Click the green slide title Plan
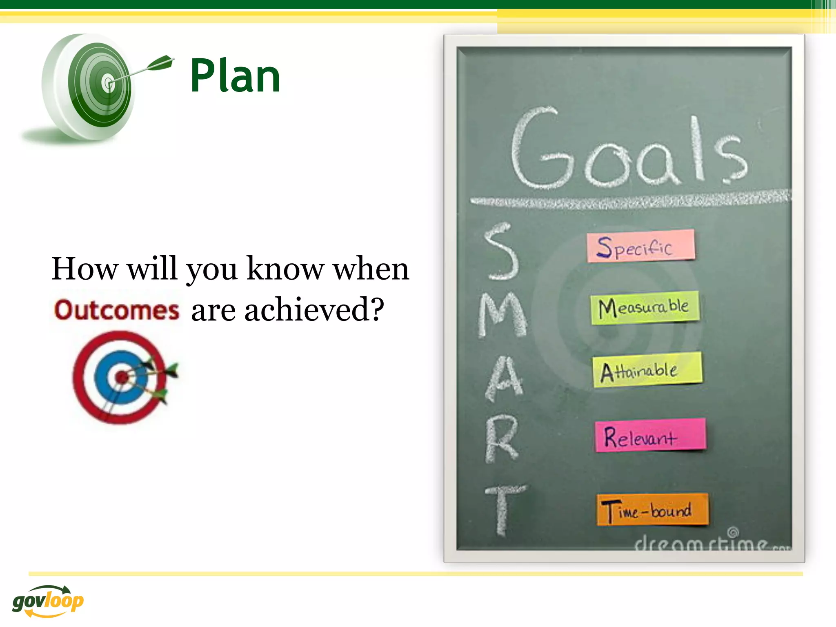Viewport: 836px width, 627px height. pyautogui.click(x=235, y=76)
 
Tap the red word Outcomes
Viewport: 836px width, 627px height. pyautogui.click(x=117, y=310)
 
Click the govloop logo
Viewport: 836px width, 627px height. pyautogui.click(x=48, y=601)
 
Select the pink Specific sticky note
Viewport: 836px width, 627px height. pyautogui.click(x=640, y=246)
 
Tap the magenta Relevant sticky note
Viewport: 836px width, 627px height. pyautogui.click(x=650, y=436)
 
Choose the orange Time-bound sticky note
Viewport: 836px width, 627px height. pyautogui.click(x=652, y=509)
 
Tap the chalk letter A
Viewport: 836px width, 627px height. pyautogui.click(x=505, y=378)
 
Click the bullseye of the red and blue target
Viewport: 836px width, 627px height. pyautogui.click(x=121, y=377)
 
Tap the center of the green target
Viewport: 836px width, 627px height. pyautogui.click(x=108, y=83)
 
